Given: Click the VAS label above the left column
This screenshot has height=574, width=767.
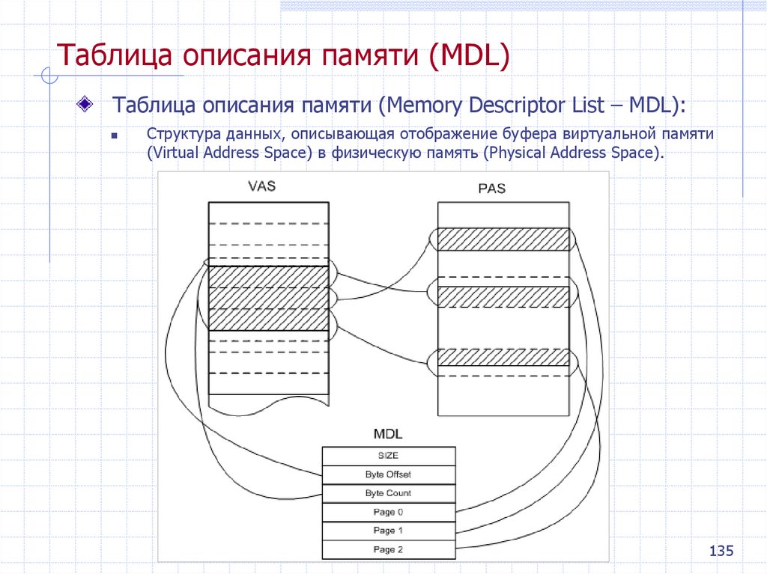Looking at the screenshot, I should (261, 186).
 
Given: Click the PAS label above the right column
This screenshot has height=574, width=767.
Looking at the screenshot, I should (491, 189).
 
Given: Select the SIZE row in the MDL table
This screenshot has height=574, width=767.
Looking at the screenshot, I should (388, 456).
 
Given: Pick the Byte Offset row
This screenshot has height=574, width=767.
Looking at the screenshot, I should (388, 474).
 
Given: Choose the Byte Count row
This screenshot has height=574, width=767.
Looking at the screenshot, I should (388, 493).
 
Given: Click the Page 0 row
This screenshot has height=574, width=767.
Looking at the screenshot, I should (388, 512).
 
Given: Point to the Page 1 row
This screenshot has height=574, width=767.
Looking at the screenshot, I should (388, 531).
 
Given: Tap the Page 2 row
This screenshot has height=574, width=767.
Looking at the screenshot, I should (388, 549).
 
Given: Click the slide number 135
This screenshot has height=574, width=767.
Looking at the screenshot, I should (721, 552).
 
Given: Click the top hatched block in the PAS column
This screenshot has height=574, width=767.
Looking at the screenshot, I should (503, 239).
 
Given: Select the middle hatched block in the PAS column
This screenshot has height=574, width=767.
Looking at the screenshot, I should (503, 297).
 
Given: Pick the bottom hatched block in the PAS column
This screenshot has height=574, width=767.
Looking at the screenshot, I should (503, 356).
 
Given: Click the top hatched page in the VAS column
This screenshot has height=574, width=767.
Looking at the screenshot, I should (268, 277).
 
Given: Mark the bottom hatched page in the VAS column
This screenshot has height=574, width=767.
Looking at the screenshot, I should (268, 320).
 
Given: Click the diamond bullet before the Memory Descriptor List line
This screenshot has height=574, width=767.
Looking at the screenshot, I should (88, 102).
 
